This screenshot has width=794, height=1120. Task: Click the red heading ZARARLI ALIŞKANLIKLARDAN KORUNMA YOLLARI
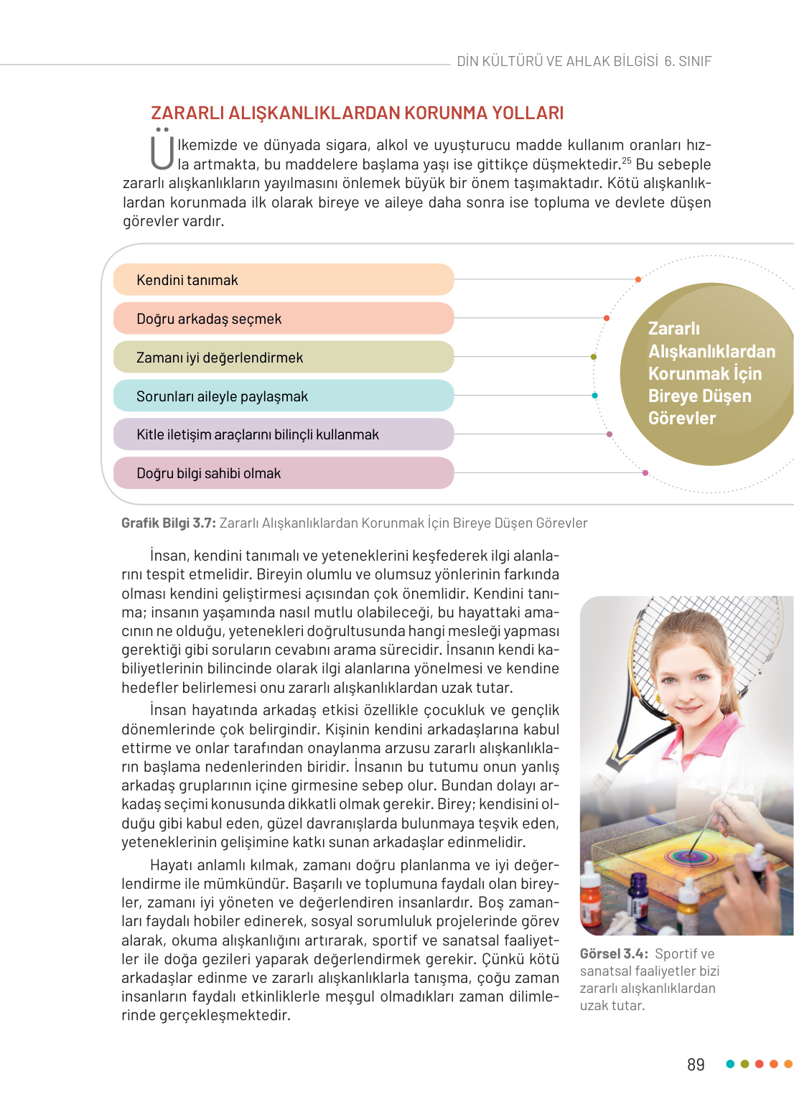coord(357,113)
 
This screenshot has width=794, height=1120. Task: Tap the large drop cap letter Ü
coord(162,150)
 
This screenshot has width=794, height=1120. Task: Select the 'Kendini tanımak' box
coord(284,280)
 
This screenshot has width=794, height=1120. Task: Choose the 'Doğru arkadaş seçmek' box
coord(284,319)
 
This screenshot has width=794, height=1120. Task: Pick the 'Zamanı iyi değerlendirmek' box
coord(284,358)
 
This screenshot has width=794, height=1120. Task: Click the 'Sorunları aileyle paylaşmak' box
coord(284,396)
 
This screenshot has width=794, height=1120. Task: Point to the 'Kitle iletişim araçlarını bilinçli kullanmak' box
coord(284,434)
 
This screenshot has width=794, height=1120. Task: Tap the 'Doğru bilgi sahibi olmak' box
coord(284,473)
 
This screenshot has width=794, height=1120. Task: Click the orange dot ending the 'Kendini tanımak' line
coord(638,279)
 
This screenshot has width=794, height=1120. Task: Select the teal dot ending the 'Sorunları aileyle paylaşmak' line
coord(594,396)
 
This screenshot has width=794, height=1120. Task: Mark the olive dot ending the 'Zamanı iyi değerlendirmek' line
coord(594,357)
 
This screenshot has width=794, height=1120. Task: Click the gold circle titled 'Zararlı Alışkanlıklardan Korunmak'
coord(707,373)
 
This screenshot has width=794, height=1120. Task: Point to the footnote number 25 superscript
coord(627,160)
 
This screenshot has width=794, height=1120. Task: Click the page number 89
coord(696,1065)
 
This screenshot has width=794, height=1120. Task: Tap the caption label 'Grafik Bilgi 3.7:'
coord(169,523)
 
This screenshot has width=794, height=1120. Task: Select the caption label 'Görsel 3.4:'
coord(614,954)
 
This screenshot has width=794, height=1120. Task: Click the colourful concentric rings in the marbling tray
coord(689,855)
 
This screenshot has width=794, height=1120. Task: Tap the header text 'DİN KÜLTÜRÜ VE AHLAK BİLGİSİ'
coord(557,62)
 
